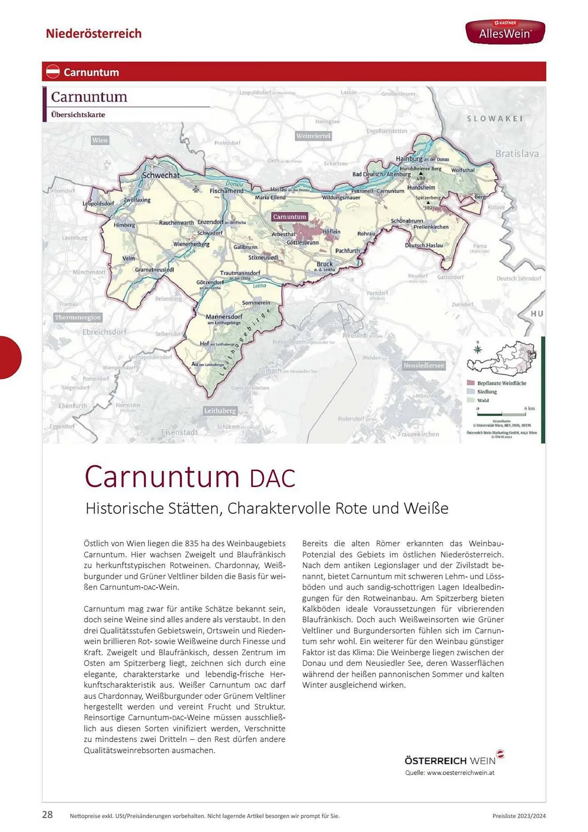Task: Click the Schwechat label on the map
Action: (x=161, y=175)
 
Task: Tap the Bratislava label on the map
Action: (x=516, y=154)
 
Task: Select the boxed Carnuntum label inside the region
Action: (x=289, y=217)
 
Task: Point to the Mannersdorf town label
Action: (x=224, y=317)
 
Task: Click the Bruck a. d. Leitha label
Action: (x=324, y=265)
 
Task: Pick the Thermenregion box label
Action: (x=78, y=317)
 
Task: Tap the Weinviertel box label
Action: (x=313, y=136)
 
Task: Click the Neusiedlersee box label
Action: (x=424, y=366)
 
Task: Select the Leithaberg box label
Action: (x=220, y=411)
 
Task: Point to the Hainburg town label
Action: (x=409, y=158)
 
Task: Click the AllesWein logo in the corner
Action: (x=505, y=32)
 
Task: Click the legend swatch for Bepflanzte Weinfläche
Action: (x=471, y=383)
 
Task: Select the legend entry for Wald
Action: (x=483, y=401)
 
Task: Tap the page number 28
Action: (x=47, y=815)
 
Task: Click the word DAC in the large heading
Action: (x=272, y=478)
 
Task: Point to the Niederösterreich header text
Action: (x=94, y=33)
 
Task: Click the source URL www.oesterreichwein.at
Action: (x=460, y=773)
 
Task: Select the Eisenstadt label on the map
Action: (x=179, y=432)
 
